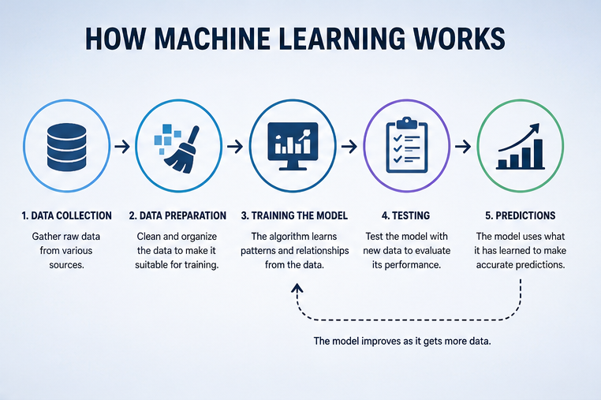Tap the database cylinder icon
click(x=67, y=147)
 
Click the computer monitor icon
click(x=293, y=146)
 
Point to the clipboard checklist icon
click(x=406, y=145)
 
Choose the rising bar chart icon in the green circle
click(x=520, y=146)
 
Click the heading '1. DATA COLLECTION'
click(x=67, y=215)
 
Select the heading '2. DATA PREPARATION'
click(x=177, y=215)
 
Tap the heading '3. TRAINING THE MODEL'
click(x=294, y=215)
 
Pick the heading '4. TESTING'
click(x=406, y=215)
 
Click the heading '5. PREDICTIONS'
click(x=520, y=215)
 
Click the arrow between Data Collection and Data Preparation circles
click(x=122, y=147)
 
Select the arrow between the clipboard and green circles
click(x=463, y=147)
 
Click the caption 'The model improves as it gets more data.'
click(x=402, y=341)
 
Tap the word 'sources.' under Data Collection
click(x=67, y=264)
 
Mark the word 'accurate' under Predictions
click(x=494, y=265)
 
